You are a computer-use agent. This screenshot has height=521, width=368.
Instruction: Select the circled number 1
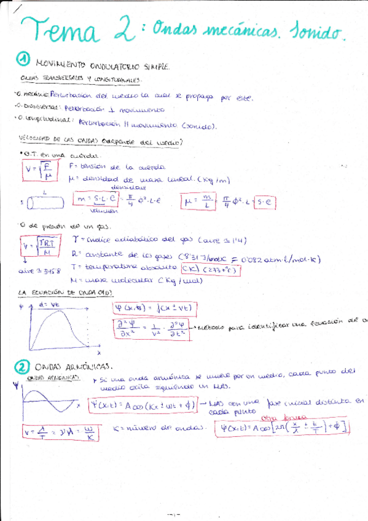pyautogui.click(x=23, y=59)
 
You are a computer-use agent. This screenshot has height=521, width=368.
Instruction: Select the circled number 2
pyautogui.click(x=23, y=367)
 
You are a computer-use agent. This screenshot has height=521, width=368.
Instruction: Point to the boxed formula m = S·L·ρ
pyautogui.click(x=96, y=200)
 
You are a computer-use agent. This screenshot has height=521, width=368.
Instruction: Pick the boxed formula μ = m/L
pyautogui.click(x=198, y=201)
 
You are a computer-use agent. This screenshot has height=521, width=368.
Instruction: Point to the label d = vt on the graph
pyautogui.click(x=47, y=304)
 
